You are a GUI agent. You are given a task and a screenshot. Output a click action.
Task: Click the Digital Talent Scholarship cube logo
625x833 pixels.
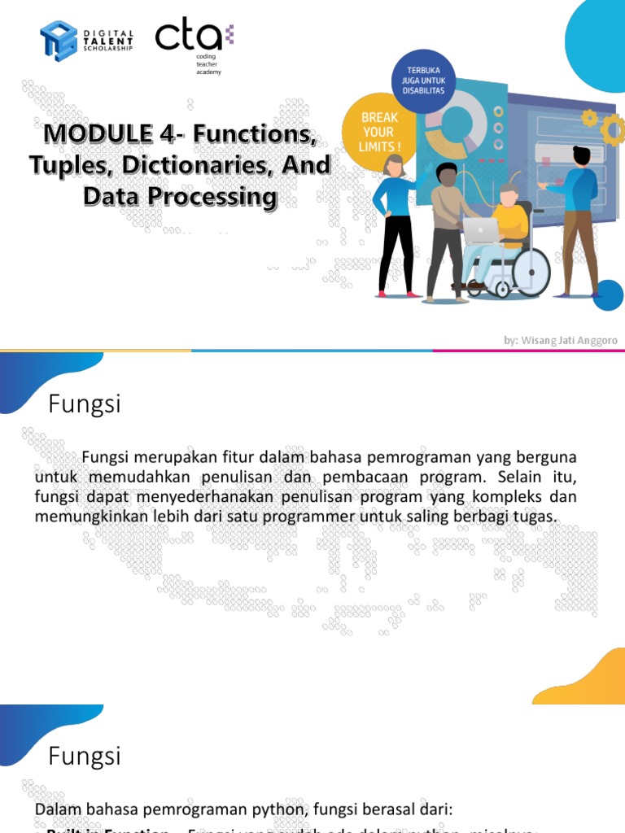point(59,40)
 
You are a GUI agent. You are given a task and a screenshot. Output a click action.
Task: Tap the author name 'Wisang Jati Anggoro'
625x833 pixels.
point(573,340)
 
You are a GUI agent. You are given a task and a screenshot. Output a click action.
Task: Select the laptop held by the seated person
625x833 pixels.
point(480,229)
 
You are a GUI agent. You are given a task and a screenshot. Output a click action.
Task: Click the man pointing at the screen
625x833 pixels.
point(579,220)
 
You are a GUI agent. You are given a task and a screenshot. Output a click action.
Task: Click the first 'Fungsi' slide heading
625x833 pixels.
point(85,404)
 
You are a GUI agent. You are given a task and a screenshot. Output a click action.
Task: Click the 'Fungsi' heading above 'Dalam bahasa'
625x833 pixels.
point(85,757)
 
